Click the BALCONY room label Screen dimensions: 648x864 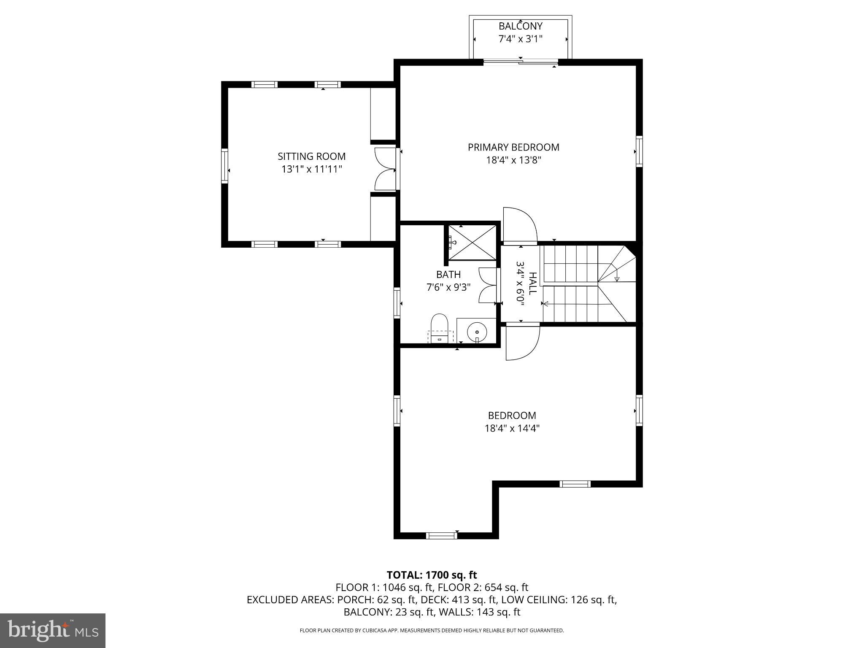coord(520,26)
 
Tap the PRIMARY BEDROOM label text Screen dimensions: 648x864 coord(513,147)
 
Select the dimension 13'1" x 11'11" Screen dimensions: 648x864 coord(311,169)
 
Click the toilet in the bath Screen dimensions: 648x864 coord(439,328)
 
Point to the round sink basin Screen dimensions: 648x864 coord(477,330)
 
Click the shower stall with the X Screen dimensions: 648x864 coord(472,243)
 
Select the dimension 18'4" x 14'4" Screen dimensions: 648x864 coord(512,428)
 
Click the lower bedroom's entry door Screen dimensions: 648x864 coord(522,342)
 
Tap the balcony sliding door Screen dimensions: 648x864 coord(520,63)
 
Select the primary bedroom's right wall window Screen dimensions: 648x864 coord(639,151)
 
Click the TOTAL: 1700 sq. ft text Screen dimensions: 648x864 coord(432,575)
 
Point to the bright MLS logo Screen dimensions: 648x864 coord(53,630)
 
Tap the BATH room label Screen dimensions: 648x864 coord(448,275)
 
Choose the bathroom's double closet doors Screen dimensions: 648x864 coord(489,286)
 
